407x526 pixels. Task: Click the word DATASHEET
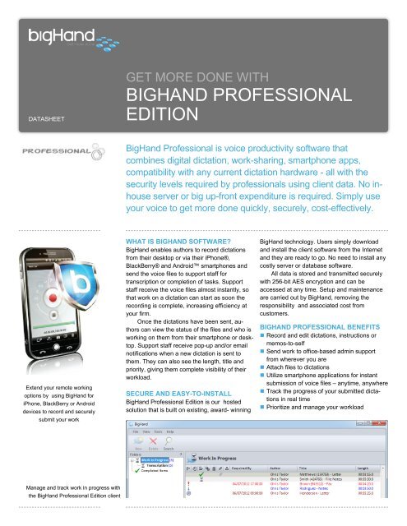click(x=39, y=118)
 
